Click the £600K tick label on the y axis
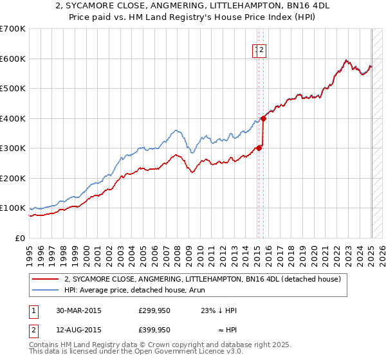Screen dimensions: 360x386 [13, 59]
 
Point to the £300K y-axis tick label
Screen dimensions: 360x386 [13, 148]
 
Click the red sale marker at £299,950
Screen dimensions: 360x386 [259, 148]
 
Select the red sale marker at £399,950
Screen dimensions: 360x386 [263, 118]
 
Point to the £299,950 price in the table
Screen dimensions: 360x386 [154, 310]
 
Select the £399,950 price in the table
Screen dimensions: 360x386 [154, 330]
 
